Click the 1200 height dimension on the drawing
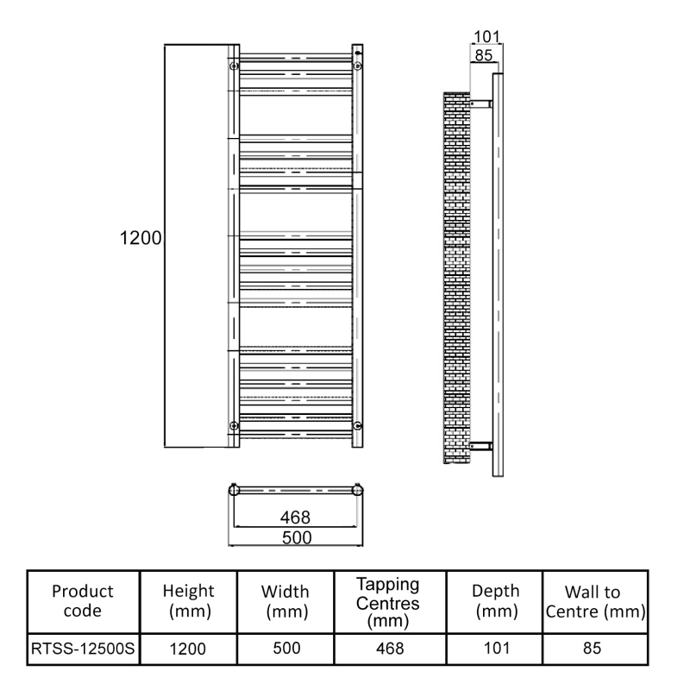141,237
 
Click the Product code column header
83,600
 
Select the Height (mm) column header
188,600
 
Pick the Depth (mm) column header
495,600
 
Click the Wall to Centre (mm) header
595,600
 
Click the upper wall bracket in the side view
480,104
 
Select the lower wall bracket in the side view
480,445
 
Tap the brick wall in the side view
456,276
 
